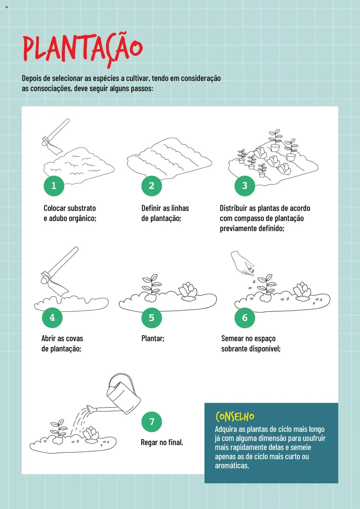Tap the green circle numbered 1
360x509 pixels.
click(54, 186)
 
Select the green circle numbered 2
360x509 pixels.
click(152, 186)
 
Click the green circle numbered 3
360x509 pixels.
click(245, 186)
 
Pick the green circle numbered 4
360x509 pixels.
click(52, 317)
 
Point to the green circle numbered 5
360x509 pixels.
click(152, 318)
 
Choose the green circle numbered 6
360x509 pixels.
click(245, 318)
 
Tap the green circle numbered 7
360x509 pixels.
click(152, 422)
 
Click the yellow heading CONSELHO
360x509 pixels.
click(235, 416)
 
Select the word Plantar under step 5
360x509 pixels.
click(153, 338)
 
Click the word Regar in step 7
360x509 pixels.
click(149, 443)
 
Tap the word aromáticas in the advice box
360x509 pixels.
click(232, 465)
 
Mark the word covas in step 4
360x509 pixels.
click(74, 339)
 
